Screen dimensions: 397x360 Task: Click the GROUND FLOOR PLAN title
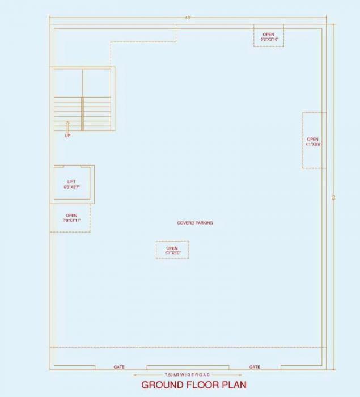pyautogui.click(x=193, y=385)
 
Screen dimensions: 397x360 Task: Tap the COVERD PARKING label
pyautogui.click(x=195, y=223)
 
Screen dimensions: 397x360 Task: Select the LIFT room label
pyautogui.click(x=71, y=181)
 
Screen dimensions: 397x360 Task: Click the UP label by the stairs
pyautogui.click(x=67, y=136)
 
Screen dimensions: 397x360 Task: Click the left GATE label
pyautogui.click(x=119, y=367)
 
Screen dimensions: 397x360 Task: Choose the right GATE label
pyautogui.click(x=255, y=367)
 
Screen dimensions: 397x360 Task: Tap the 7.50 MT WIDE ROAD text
pyautogui.click(x=187, y=375)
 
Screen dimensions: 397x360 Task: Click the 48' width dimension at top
pyautogui.click(x=188, y=18)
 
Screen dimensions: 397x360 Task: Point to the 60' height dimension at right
pyautogui.click(x=334, y=197)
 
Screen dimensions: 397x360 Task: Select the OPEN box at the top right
pyautogui.click(x=268, y=37)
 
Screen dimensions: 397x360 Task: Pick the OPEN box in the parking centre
pyautogui.click(x=172, y=250)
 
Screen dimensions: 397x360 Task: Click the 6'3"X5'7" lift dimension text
pyautogui.click(x=71, y=187)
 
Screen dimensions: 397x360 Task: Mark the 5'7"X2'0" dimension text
pyautogui.click(x=172, y=252)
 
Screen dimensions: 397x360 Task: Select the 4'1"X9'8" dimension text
pyautogui.click(x=314, y=145)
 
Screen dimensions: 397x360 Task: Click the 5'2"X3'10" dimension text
pyautogui.click(x=268, y=40)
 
